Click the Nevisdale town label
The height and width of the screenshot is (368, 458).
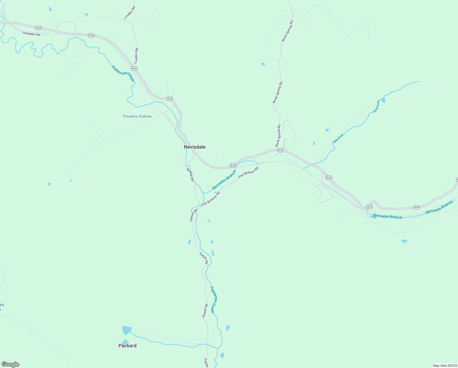coord(195,147)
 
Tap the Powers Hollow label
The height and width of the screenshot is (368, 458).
coord(137,117)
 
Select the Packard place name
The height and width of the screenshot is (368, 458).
coord(127,346)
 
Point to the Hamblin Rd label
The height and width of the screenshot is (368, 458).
coord(32,34)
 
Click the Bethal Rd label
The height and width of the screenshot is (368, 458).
coord(190,174)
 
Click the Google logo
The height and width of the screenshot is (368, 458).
coord(10,364)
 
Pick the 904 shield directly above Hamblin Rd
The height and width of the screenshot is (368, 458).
coord(38,28)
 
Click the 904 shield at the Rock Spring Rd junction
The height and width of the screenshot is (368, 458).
coord(280,150)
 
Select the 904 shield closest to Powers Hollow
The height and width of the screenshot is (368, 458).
coord(170,99)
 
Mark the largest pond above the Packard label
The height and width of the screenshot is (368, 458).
coord(126,330)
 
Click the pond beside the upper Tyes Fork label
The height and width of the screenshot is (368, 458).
coord(383,100)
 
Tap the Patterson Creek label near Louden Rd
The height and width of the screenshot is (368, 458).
coord(123,74)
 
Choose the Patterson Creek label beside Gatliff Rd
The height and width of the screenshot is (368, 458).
coord(214,300)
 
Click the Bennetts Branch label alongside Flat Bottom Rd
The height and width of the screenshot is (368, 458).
coord(224,180)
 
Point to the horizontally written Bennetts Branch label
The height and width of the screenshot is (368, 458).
coord(388,217)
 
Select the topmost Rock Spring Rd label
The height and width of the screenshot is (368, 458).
coord(287,31)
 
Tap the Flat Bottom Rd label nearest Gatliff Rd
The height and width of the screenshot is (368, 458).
coord(211,199)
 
